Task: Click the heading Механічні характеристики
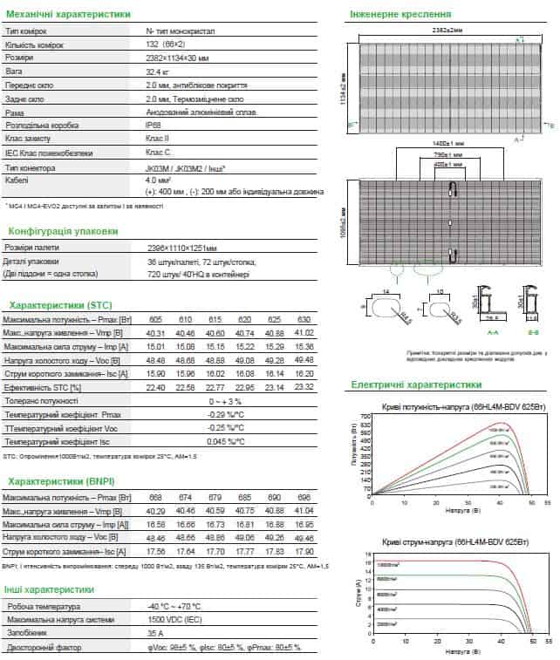pos(69,15)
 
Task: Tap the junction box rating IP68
pos(154,126)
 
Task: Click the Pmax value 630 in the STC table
pos(304,320)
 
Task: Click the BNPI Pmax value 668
pos(157,496)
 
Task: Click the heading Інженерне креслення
pos(400,15)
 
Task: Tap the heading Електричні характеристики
pos(415,384)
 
